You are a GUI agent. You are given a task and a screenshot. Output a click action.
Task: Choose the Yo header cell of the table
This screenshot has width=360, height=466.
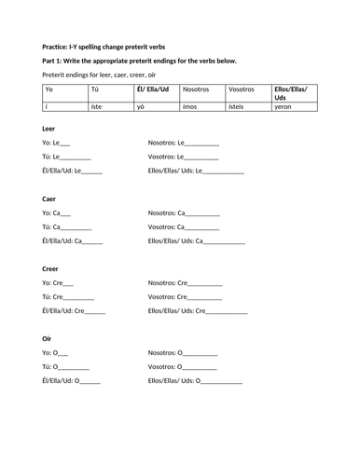(48, 90)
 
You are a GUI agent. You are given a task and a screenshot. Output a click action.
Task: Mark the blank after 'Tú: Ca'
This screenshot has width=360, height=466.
(76, 226)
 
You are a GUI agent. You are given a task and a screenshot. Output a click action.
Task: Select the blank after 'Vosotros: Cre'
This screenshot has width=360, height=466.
(207, 296)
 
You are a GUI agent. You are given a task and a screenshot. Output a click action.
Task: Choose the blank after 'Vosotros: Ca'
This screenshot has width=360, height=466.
(204, 226)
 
